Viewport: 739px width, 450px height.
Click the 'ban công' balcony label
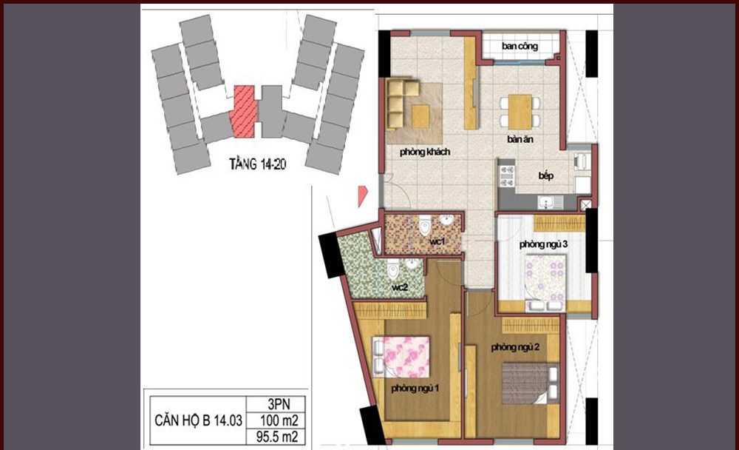point(520,47)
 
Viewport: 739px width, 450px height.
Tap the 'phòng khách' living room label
point(425,152)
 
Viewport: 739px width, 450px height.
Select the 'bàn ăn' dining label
point(520,139)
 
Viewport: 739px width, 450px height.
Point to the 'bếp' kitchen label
point(546,175)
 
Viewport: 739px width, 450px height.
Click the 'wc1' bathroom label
point(437,242)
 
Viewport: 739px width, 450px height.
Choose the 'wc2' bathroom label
point(400,286)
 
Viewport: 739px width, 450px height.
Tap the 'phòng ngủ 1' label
point(415,388)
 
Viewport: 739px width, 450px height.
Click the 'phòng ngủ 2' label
point(515,348)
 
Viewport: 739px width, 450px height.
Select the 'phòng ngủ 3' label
point(543,244)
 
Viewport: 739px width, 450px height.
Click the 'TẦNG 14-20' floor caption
point(257,164)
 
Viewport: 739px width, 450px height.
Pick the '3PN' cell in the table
point(279,404)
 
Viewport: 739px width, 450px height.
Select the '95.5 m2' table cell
point(277,437)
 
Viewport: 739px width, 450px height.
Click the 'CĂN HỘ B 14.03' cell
point(198,420)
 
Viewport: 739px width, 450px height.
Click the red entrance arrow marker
point(362,196)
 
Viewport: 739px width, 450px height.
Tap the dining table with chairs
point(520,112)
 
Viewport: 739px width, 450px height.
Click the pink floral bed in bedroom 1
point(401,357)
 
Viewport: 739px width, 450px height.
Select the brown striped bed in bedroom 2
point(529,383)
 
